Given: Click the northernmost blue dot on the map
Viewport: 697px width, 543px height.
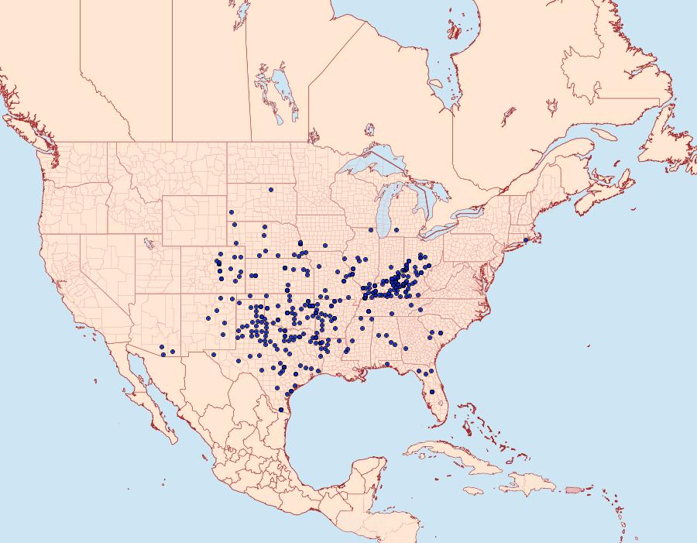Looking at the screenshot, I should [270, 189].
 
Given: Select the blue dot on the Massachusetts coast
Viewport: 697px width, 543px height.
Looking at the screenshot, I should [526, 239].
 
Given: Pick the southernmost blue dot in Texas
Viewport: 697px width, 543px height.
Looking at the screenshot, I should [280, 410].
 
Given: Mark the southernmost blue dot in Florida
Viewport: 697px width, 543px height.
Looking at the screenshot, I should [432, 392].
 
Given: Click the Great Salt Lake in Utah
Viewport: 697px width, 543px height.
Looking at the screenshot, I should [146, 242].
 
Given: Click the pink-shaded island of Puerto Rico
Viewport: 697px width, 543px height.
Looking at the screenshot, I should [574, 489].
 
